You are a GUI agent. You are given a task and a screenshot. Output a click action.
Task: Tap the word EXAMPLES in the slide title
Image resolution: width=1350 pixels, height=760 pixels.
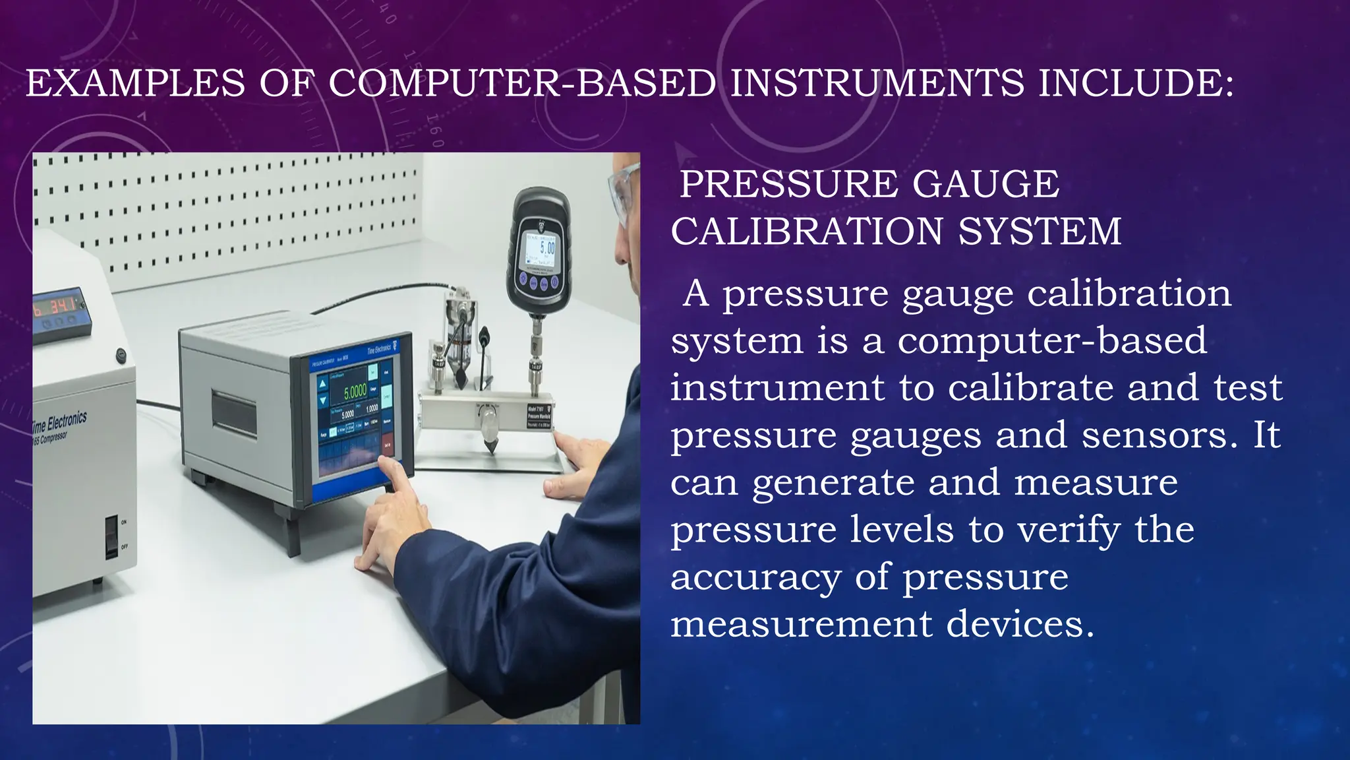[x=135, y=84]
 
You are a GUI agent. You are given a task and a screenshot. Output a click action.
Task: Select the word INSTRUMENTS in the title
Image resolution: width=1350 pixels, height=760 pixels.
[x=877, y=84]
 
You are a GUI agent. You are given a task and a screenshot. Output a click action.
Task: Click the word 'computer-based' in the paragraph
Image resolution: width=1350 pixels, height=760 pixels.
[x=1052, y=340]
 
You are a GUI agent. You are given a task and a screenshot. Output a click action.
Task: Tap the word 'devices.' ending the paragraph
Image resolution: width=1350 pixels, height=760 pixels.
[x=1020, y=624]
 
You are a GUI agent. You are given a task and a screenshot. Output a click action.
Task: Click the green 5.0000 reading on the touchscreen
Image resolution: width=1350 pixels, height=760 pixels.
[x=355, y=391]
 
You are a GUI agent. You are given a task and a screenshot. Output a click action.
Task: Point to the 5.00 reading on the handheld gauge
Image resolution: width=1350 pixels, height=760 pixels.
[x=546, y=249]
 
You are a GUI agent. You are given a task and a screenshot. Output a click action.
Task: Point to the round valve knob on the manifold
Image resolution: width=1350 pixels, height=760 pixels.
[x=488, y=418]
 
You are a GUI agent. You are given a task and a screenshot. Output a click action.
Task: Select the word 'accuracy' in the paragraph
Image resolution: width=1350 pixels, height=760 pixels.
[x=755, y=577]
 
